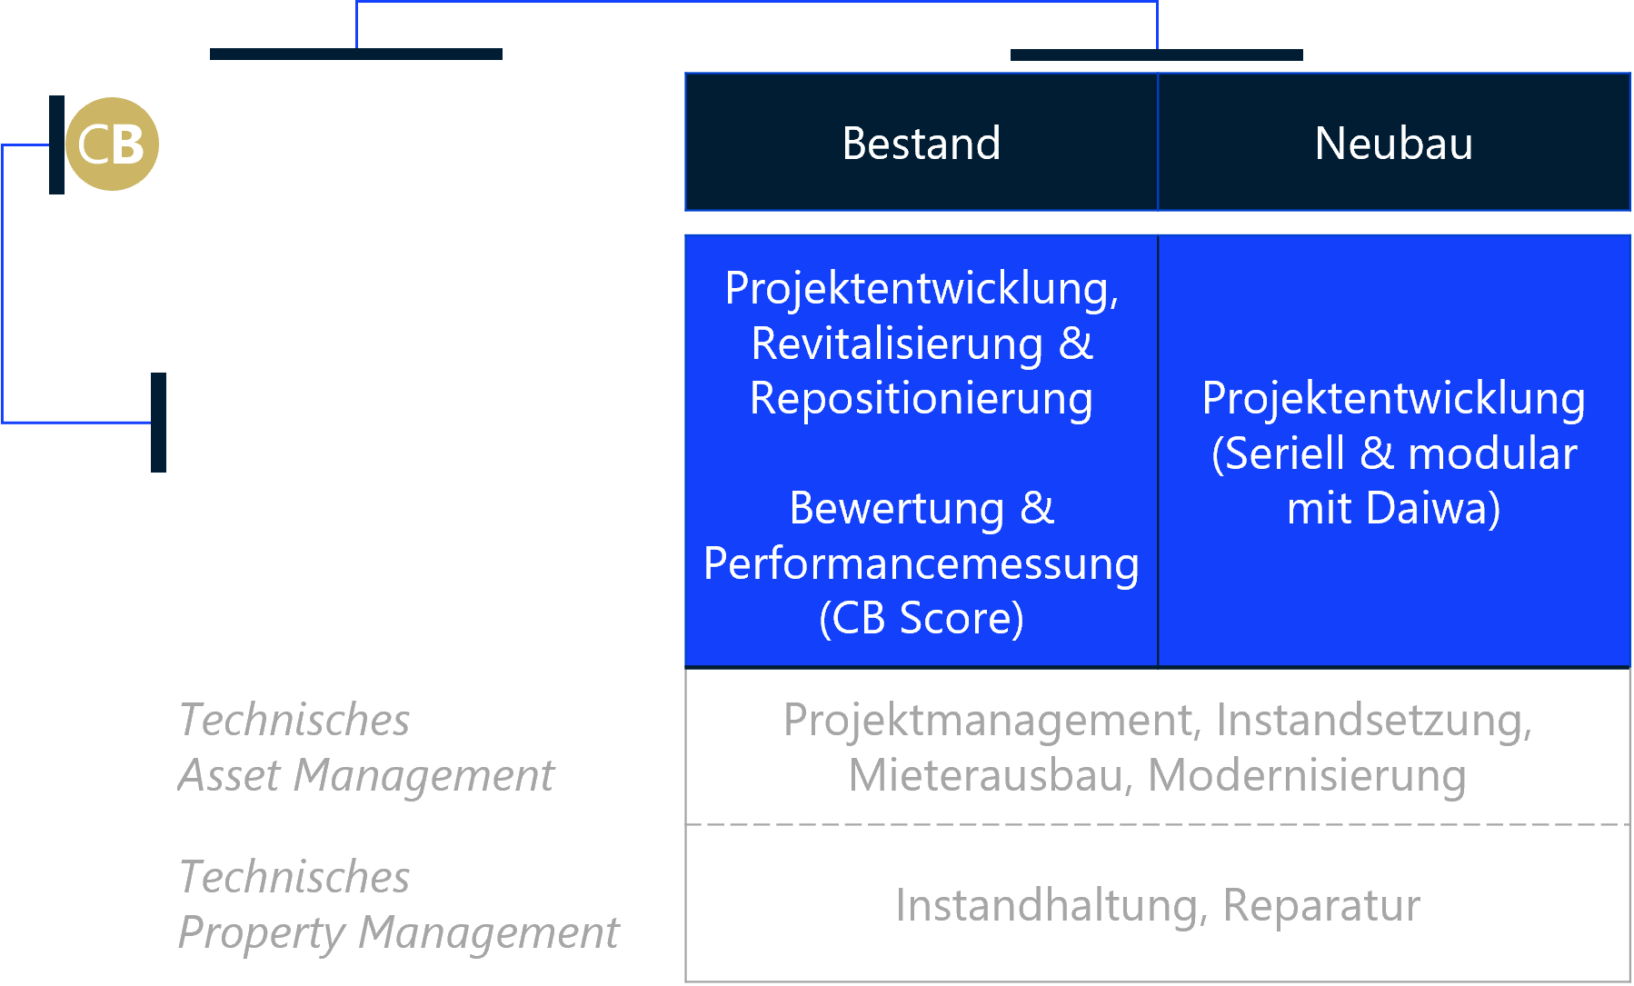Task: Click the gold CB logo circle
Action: (x=112, y=144)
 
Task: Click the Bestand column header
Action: (x=921, y=143)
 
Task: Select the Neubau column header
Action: (x=1393, y=143)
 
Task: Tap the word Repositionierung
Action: (x=921, y=398)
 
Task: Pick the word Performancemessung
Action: (x=921, y=563)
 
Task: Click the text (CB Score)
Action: (x=921, y=618)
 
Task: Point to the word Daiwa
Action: (x=1432, y=508)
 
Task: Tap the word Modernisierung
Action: (x=1307, y=775)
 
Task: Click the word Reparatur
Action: (x=1320, y=905)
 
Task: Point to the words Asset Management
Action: (x=365, y=775)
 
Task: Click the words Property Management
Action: (x=398, y=932)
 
